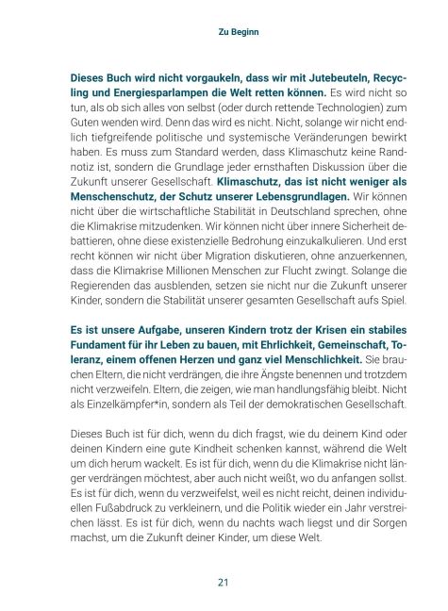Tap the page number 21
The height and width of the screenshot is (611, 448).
(x=224, y=581)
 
